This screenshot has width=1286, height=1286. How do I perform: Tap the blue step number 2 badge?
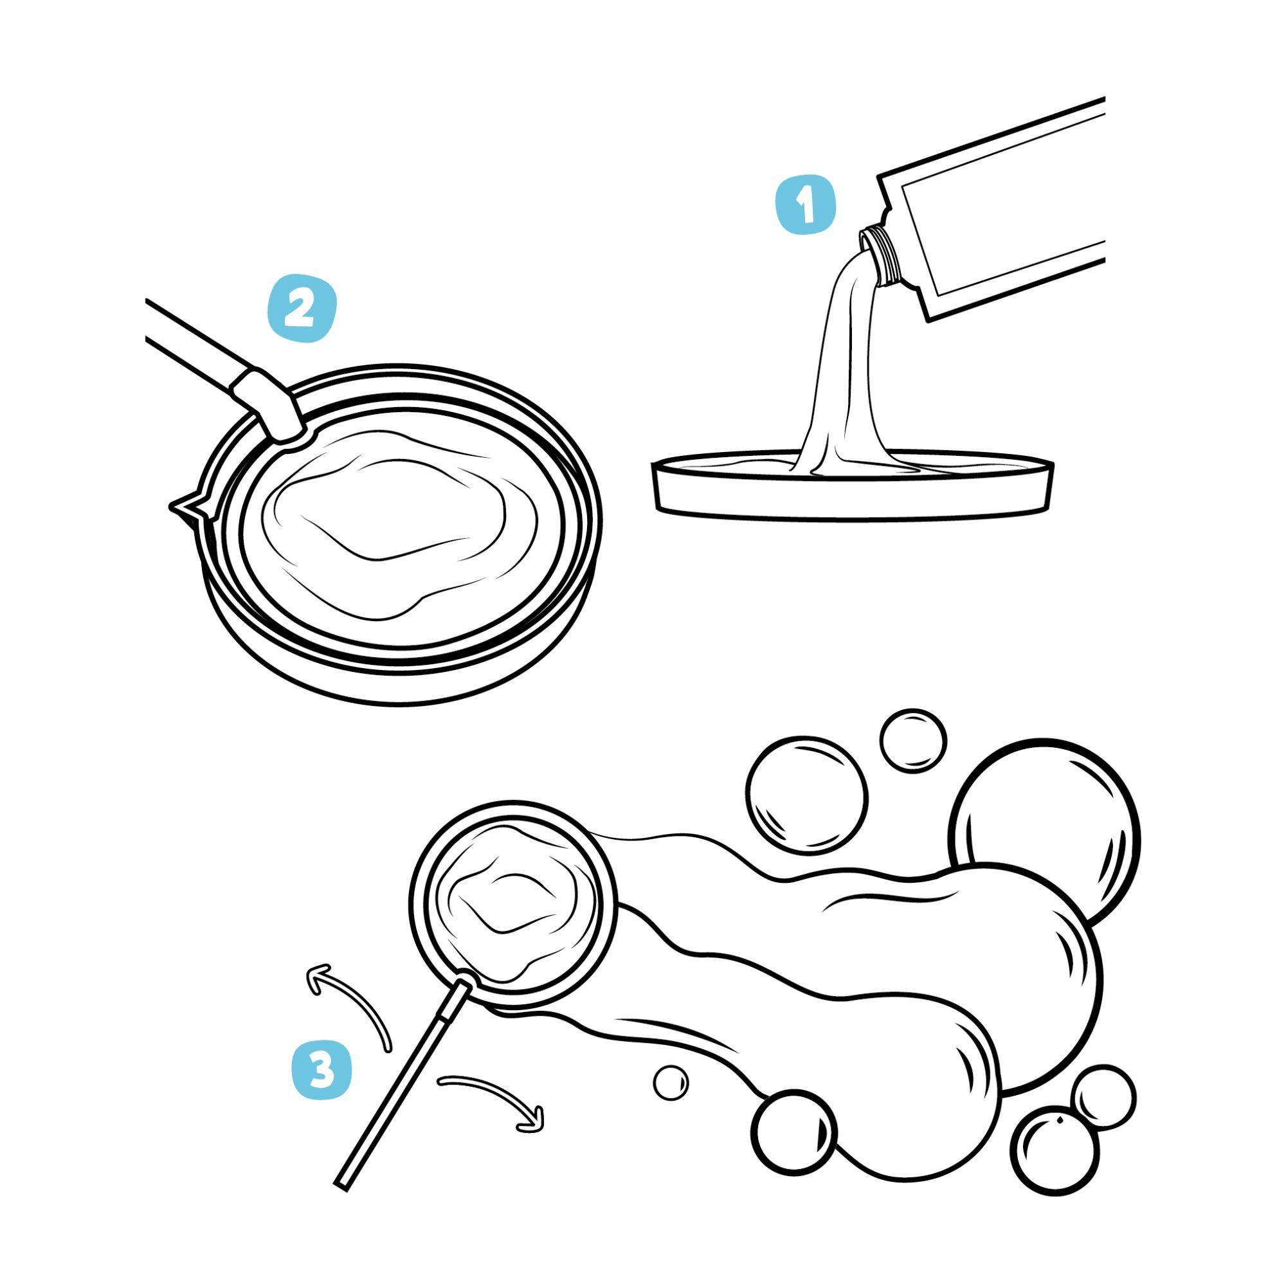[x=302, y=309]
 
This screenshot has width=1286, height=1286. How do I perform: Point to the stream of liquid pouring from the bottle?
[x=846, y=373]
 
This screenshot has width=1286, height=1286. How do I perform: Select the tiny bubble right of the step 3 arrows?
[x=670, y=1083]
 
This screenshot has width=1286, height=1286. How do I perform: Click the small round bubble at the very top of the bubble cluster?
[x=912, y=741]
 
